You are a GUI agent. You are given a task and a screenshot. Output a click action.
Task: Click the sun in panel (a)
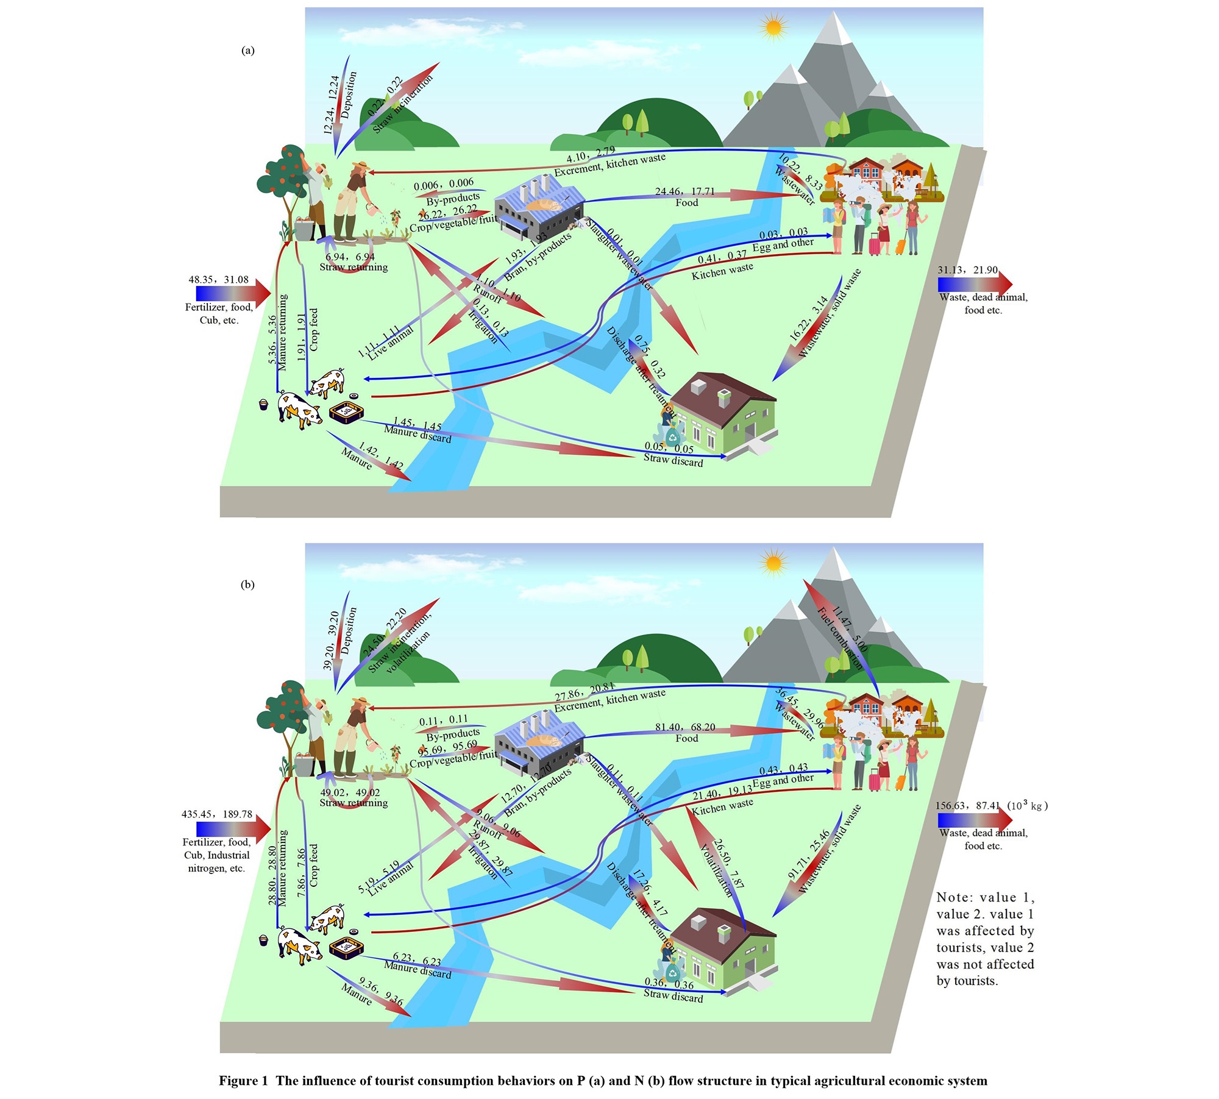pos(773,27)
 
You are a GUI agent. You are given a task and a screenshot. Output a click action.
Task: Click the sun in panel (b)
pos(773,562)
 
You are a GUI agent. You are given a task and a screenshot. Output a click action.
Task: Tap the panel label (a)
pos(248,51)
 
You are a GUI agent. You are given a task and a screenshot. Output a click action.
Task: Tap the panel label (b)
pos(247,585)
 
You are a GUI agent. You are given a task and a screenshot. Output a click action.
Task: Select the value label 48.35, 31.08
pos(218,280)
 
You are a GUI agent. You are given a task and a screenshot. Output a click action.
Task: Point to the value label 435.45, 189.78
pos(216,814)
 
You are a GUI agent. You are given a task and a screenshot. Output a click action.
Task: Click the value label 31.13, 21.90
pos(967,270)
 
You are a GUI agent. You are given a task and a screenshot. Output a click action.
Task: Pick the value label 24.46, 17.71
pos(684,191)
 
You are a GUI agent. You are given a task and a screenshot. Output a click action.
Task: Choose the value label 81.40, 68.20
pos(685,727)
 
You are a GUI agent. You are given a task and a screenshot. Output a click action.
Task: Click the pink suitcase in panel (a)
pos(874,244)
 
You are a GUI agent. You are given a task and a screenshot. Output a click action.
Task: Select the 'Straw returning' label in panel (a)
pos(354,267)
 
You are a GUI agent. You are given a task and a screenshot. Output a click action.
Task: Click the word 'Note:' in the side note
pos(954,897)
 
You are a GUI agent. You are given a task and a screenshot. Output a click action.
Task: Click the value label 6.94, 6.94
pos(350,257)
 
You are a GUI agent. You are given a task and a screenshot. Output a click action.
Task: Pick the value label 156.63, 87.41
pos(968,806)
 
